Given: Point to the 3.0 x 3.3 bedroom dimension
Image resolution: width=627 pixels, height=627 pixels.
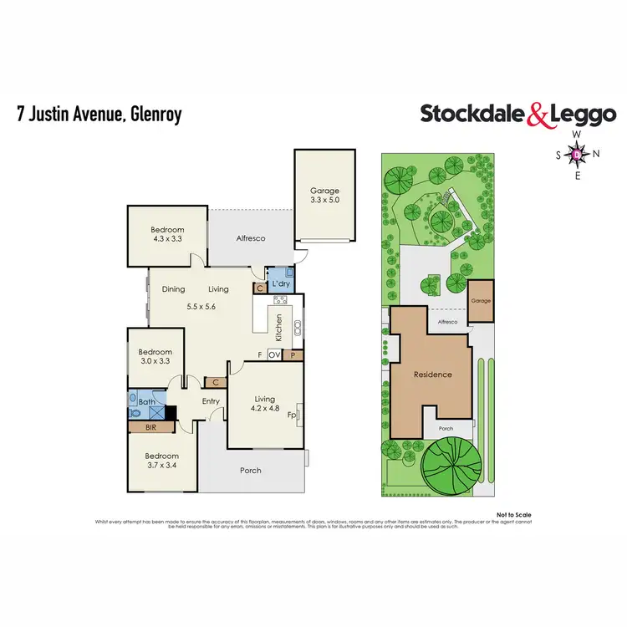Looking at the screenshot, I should tap(155, 361).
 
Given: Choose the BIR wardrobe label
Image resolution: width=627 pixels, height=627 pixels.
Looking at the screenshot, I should tap(150, 426).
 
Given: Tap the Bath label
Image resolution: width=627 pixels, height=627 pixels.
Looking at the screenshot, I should tap(146, 402).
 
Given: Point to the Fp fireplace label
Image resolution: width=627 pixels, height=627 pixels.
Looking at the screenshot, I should tap(292, 414).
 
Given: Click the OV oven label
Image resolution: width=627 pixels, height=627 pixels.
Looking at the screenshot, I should tap(274, 354).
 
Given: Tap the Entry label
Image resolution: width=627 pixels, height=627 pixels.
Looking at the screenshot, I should tap(211, 402).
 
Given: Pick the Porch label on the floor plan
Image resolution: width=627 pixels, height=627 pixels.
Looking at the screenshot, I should tap(251, 471).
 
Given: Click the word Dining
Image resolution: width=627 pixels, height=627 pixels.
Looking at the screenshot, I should tap(173, 289).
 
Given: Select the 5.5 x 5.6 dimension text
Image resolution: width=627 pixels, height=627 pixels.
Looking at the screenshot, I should tap(201, 306).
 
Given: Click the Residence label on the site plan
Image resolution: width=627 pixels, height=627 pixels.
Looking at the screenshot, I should tap(433, 375).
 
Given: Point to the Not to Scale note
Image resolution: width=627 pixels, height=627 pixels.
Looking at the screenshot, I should tap(513, 515).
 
